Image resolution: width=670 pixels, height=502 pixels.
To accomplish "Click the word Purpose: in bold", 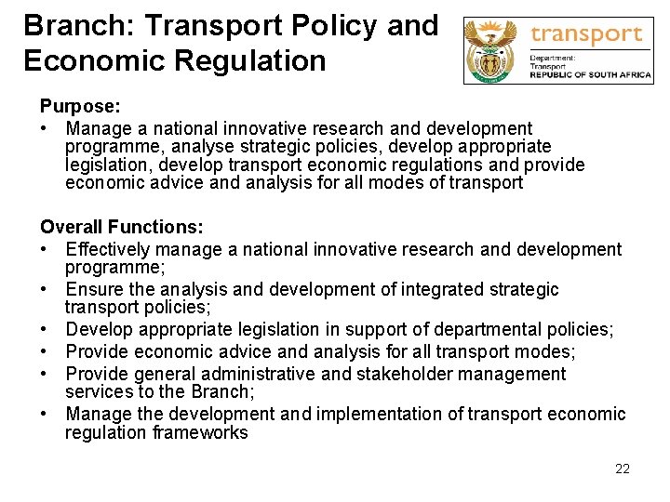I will tap(79, 107).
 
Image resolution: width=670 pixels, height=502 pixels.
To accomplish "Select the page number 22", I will tap(623, 469).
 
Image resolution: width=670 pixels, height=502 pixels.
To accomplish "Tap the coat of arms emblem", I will tap(493, 51).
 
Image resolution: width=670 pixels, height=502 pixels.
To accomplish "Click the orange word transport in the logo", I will tap(586, 34).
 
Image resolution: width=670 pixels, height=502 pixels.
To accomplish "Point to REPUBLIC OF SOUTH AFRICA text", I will tap(590, 75).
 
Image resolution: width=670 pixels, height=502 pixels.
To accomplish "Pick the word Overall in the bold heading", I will tap(71, 227).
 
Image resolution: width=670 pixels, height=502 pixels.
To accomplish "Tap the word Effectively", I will tap(108, 249).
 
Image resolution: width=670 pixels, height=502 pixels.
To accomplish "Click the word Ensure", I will tap(93, 289).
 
